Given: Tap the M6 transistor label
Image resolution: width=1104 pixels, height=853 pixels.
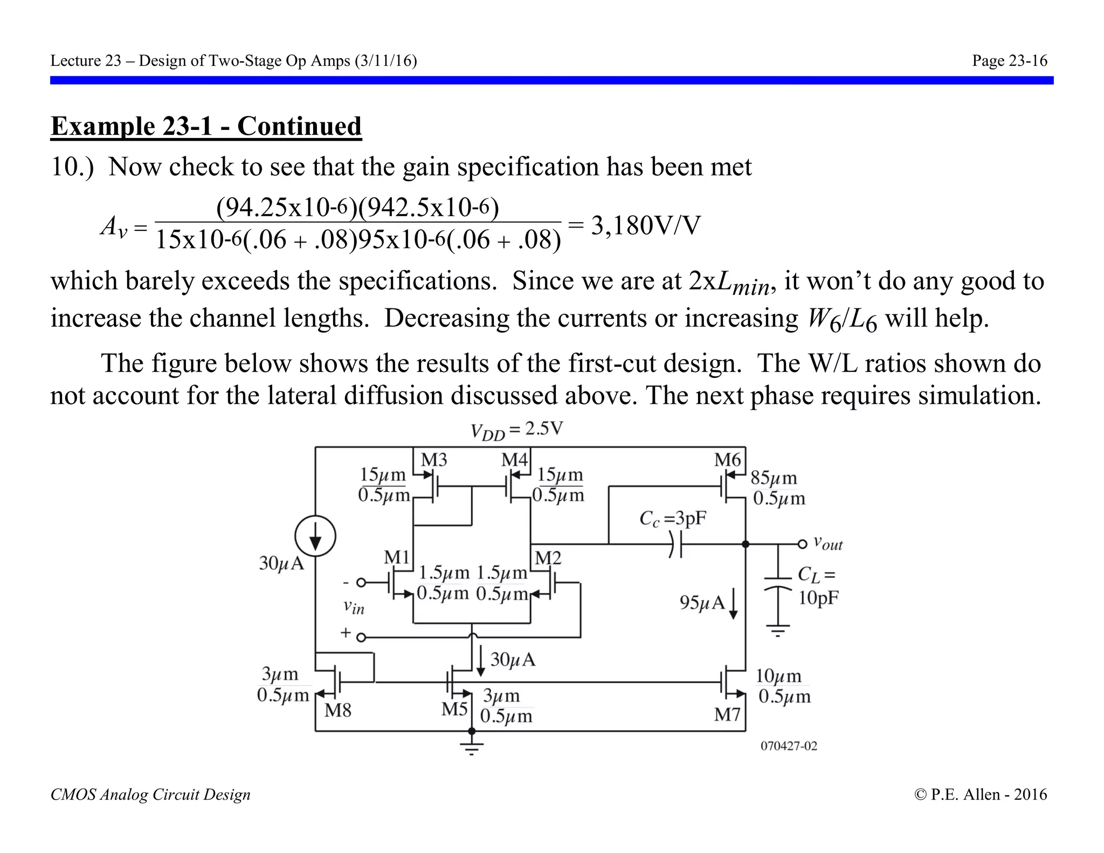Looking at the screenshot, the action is (728, 460).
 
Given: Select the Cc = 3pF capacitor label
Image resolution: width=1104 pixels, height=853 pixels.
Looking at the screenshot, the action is (672, 519).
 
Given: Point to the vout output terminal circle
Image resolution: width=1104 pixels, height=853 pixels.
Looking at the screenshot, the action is (802, 544).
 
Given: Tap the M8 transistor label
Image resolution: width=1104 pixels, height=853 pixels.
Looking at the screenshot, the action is (338, 711).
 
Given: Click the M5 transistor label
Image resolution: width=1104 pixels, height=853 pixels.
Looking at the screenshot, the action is (454, 709).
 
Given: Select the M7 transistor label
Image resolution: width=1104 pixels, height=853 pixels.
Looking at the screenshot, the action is (728, 715).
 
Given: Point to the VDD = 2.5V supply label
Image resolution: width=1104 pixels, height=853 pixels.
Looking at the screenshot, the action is (516, 431).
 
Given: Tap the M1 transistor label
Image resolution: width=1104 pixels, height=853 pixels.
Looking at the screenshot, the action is (397, 558).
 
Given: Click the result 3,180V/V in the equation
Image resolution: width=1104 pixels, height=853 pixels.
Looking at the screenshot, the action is (645, 225).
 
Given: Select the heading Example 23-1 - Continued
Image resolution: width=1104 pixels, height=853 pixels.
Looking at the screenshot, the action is (206, 127).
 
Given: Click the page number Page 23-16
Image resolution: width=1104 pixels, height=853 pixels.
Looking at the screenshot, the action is (1009, 60).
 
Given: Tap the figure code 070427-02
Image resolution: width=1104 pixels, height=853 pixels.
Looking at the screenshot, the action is (789, 746).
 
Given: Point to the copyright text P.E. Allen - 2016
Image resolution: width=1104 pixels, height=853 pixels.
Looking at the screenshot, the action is (981, 794).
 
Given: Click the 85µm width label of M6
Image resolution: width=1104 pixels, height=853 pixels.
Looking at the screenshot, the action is (774, 478).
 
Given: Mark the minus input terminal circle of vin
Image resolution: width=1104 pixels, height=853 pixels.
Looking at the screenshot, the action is (361, 582).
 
